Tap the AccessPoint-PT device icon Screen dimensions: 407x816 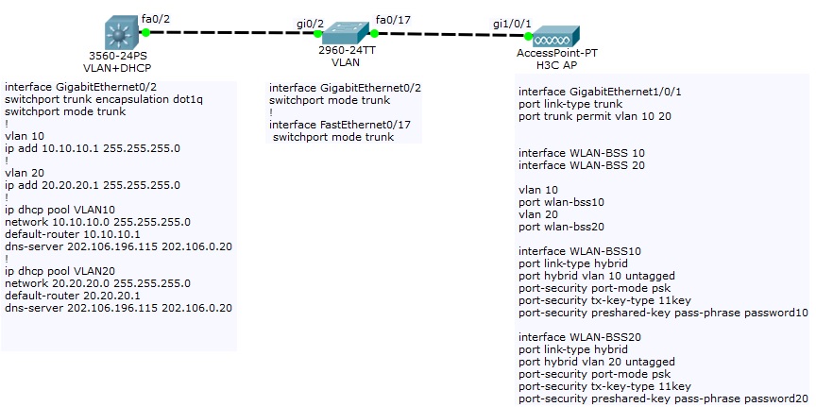(552, 38)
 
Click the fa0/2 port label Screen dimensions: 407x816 (154, 17)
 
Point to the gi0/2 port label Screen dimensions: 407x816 (310, 22)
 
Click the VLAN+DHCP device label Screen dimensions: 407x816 (118, 67)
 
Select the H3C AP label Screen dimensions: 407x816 (551, 66)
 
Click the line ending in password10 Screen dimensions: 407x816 (663, 313)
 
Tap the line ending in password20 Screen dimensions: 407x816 (663, 399)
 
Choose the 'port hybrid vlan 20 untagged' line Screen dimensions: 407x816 (597, 362)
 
